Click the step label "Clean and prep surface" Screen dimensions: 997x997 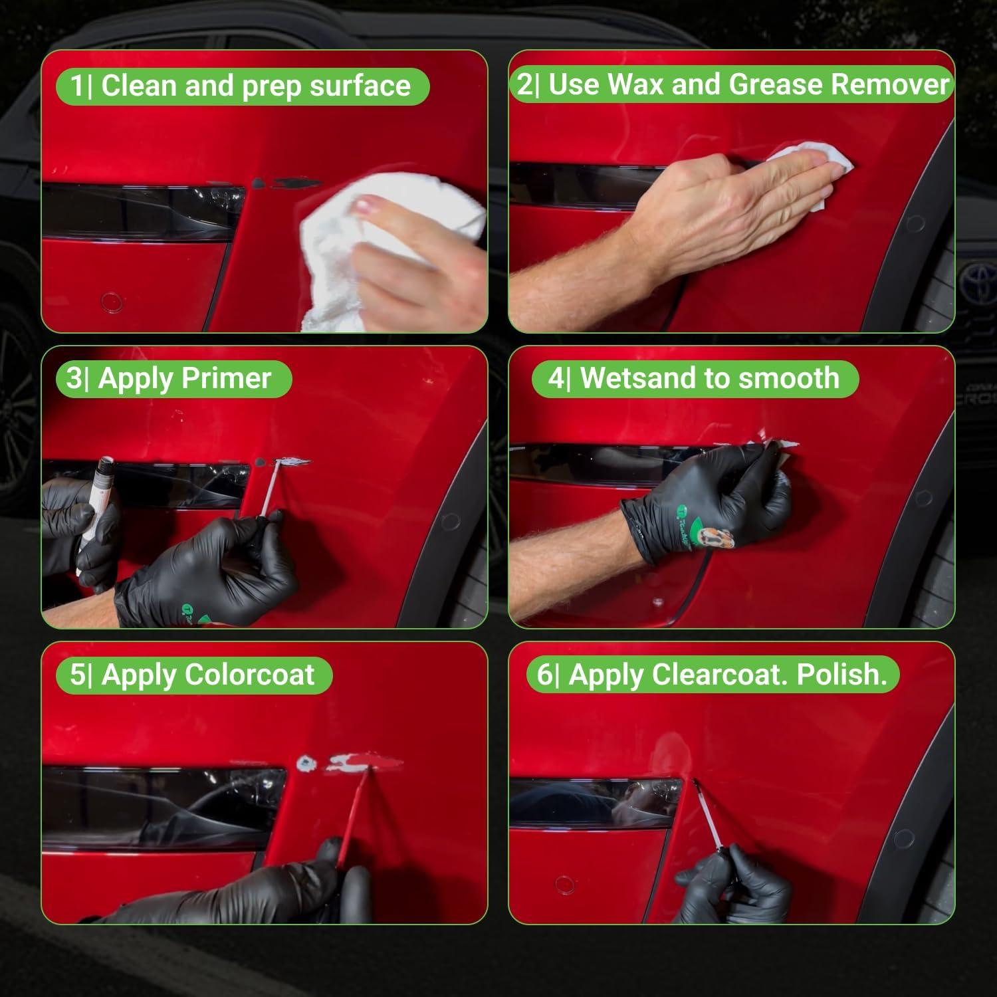pos(256,86)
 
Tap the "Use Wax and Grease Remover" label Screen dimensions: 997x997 pos(749,85)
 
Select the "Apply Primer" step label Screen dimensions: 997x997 pos(185,379)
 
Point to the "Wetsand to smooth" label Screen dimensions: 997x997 pos(709,378)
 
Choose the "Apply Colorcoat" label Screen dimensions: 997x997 pos(208,675)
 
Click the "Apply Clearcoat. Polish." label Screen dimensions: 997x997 pos(728,675)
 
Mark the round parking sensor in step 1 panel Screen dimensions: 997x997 pos(112,303)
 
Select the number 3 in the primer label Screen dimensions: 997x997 pos(74,379)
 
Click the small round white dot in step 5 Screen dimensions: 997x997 pos(306,763)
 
